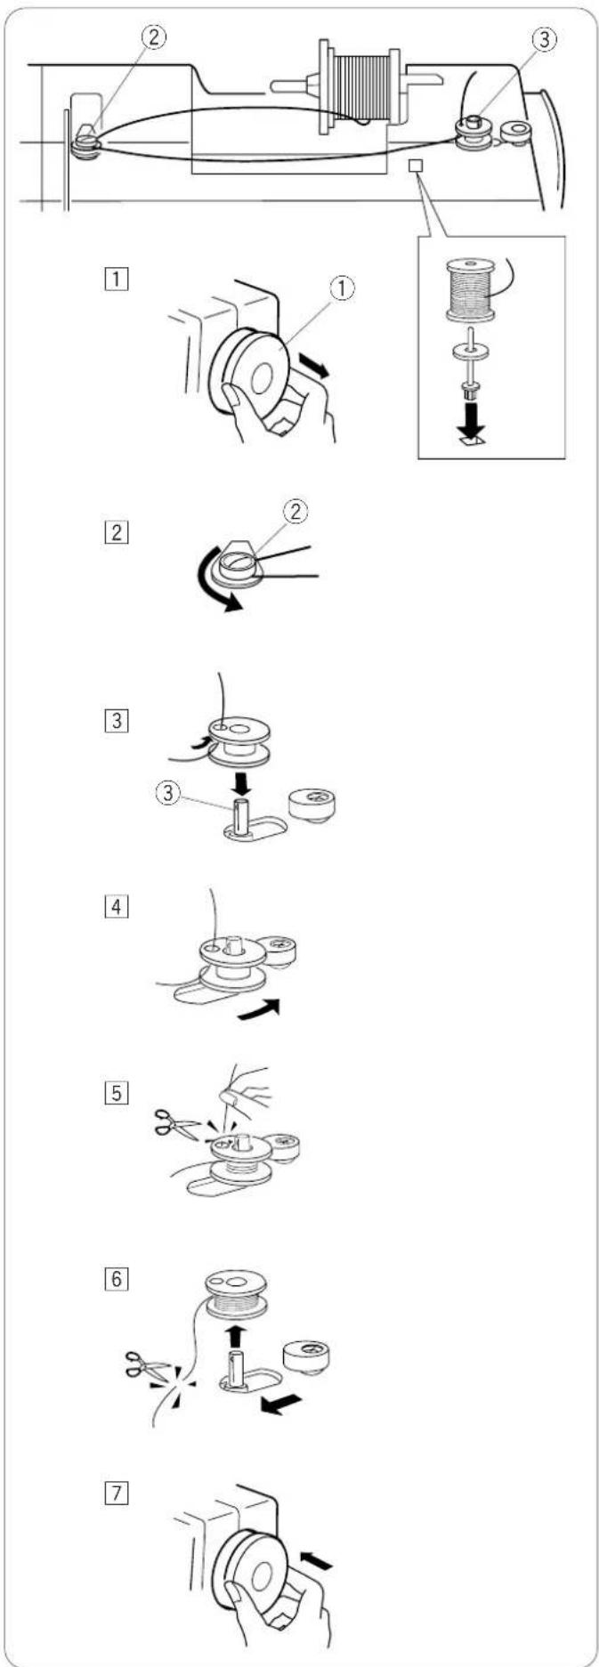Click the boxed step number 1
coord(117,275)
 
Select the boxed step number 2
coord(117,533)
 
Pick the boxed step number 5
coord(117,1090)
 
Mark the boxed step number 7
coord(117,1493)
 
